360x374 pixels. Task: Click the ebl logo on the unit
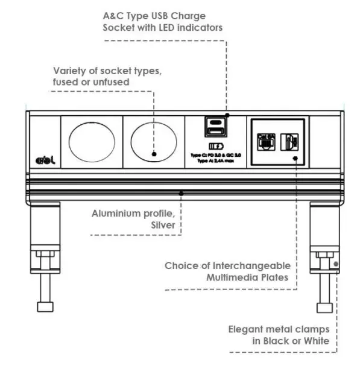(x=44, y=160)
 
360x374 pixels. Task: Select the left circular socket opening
(x=92, y=142)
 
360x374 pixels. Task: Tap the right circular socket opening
(x=153, y=142)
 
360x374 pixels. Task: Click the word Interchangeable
(x=253, y=265)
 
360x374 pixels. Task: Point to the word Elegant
(x=247, y=329)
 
